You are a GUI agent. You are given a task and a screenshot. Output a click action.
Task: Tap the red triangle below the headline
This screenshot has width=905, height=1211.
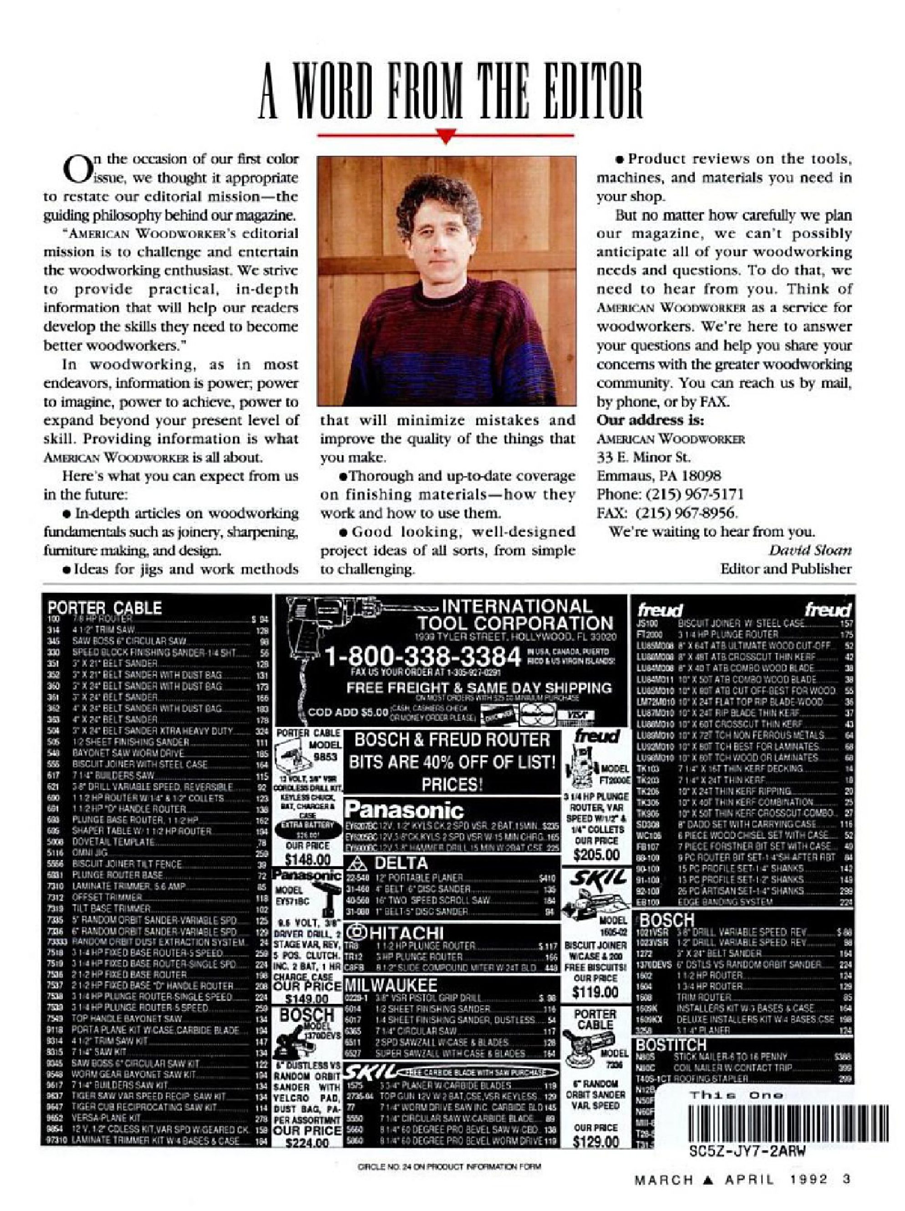(x=446, y=136)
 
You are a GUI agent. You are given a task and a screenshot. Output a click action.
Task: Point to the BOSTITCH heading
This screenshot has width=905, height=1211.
(x=671, y=1045)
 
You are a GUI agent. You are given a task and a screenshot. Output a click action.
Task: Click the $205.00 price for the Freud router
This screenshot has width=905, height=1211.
(x=595, y=855)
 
